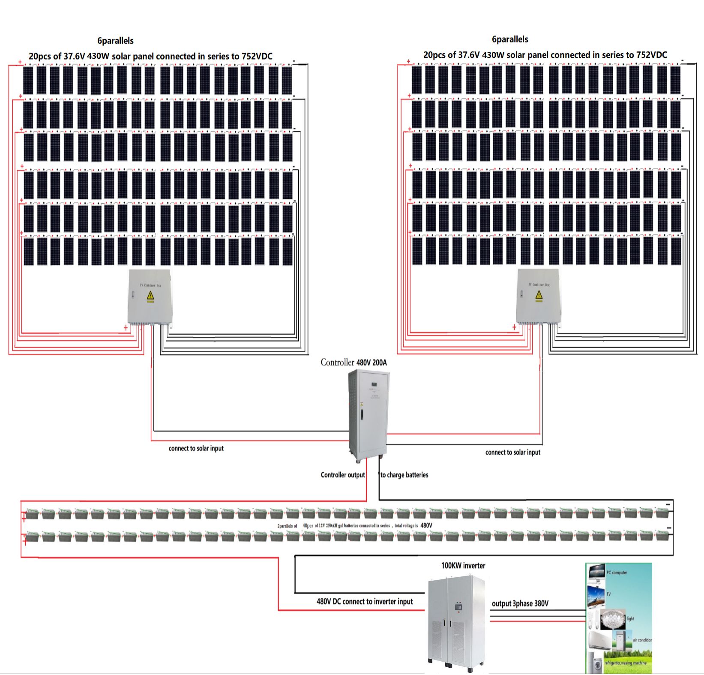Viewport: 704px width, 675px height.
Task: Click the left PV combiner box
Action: point(150,297)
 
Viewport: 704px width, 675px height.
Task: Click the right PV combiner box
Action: point(539,297)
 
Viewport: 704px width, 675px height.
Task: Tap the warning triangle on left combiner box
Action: point(150,295)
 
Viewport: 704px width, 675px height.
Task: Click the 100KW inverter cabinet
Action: point(457,621)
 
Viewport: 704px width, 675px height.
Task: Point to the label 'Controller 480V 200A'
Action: point(353,363)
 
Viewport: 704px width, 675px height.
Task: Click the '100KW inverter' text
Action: point(463,566)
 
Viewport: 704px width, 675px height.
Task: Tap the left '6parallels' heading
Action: point(115,41)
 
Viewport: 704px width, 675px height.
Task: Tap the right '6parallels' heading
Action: point(510,39)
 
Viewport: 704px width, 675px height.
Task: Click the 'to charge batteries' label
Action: point(404,475)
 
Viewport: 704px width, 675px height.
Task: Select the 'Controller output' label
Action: point(343,475)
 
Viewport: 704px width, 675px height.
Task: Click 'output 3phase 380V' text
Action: point(520,603)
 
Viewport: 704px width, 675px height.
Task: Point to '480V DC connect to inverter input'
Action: point(365,602)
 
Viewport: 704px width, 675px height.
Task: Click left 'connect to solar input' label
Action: point(196,448)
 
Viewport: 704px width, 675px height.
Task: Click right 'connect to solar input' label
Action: point(512,452)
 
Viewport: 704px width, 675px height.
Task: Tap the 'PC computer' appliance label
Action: point(617,573)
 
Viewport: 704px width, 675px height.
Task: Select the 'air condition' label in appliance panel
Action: point(642,640)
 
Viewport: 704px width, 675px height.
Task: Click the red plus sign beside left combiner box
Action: point(126,328)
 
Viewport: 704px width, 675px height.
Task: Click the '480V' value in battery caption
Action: point(426,525)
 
